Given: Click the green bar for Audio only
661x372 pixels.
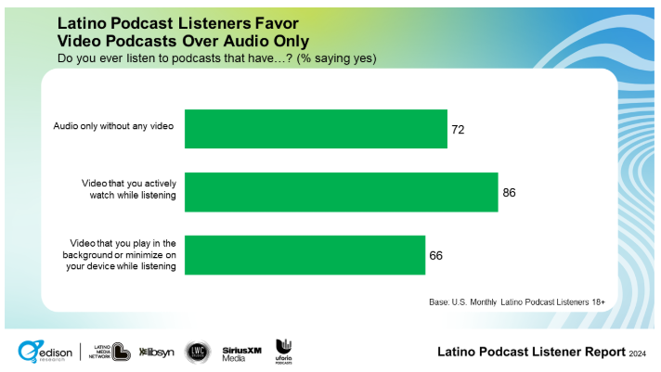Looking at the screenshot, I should pos(316,129).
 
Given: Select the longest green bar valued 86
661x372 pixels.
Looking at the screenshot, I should pos(341,192).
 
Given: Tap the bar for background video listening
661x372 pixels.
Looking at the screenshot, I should pos(305,255).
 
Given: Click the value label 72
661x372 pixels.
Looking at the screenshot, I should pos(457,129).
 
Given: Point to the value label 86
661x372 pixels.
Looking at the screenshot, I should pos(508,192).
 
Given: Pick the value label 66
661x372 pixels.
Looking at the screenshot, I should pos(434,255).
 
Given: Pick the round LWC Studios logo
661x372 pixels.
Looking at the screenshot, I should pos(198,352).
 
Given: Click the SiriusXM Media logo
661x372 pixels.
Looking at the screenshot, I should pos(241,353).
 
